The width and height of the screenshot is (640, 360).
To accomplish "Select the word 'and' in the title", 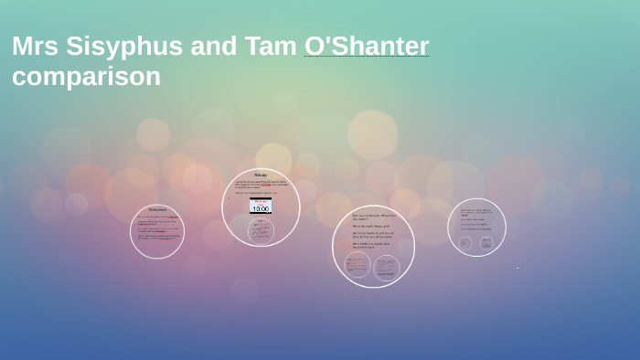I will pos(215,47).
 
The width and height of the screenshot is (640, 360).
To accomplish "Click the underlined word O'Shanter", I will pos(367,47).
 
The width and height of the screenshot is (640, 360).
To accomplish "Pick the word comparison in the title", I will pos(86,77).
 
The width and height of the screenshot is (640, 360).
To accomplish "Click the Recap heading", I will pos(261,175).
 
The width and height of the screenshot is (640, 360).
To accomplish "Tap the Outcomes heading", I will pos(157,210).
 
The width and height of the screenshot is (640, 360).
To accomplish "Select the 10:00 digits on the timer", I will pos(261,209).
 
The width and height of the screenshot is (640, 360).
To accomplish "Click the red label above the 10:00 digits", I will pos(261,202).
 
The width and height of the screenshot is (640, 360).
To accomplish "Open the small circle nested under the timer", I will pos(261,230).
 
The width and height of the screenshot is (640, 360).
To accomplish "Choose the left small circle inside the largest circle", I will pos(357,266).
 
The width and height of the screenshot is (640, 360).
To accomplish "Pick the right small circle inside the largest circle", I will pos(387,267).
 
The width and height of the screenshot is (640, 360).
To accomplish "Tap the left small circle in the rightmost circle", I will pos(465,243).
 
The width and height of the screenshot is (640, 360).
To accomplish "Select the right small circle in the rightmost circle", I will pos(486,243).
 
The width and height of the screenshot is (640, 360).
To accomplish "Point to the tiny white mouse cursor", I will pos(517,268).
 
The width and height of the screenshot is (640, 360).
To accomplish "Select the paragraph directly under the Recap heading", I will pos(261,184).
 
